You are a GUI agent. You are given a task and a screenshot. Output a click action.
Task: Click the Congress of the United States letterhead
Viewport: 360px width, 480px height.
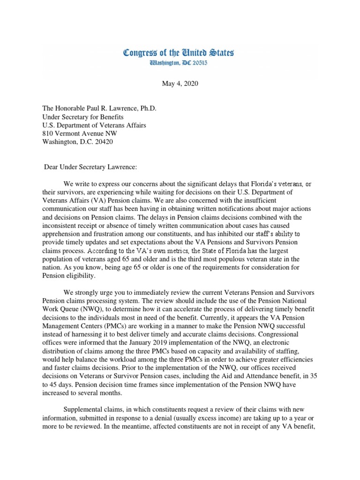pos(179,52)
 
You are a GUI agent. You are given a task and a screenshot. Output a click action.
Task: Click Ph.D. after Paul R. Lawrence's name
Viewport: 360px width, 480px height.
pos(146,108)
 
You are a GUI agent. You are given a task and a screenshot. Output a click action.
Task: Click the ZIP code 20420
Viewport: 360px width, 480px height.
pos(103,142)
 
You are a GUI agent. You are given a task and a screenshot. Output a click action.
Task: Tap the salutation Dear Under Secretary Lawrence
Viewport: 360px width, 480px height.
pos(90,166)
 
